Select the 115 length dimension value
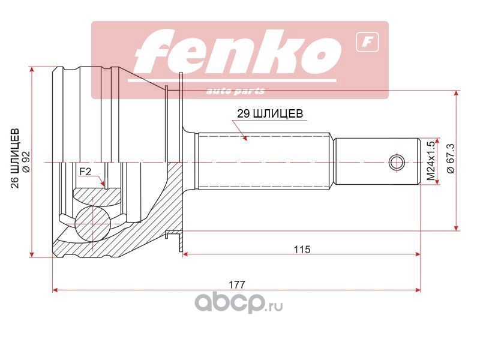pos(303,249)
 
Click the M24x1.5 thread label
pos(430,161)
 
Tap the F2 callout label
pos(85,172)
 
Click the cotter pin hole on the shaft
pos(395,162)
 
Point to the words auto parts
pos(236,91)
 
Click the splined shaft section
pos(264,161)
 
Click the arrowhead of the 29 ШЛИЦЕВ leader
pos(245,139)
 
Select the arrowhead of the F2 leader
pos(104,184)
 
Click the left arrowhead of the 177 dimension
pos(55,290)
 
